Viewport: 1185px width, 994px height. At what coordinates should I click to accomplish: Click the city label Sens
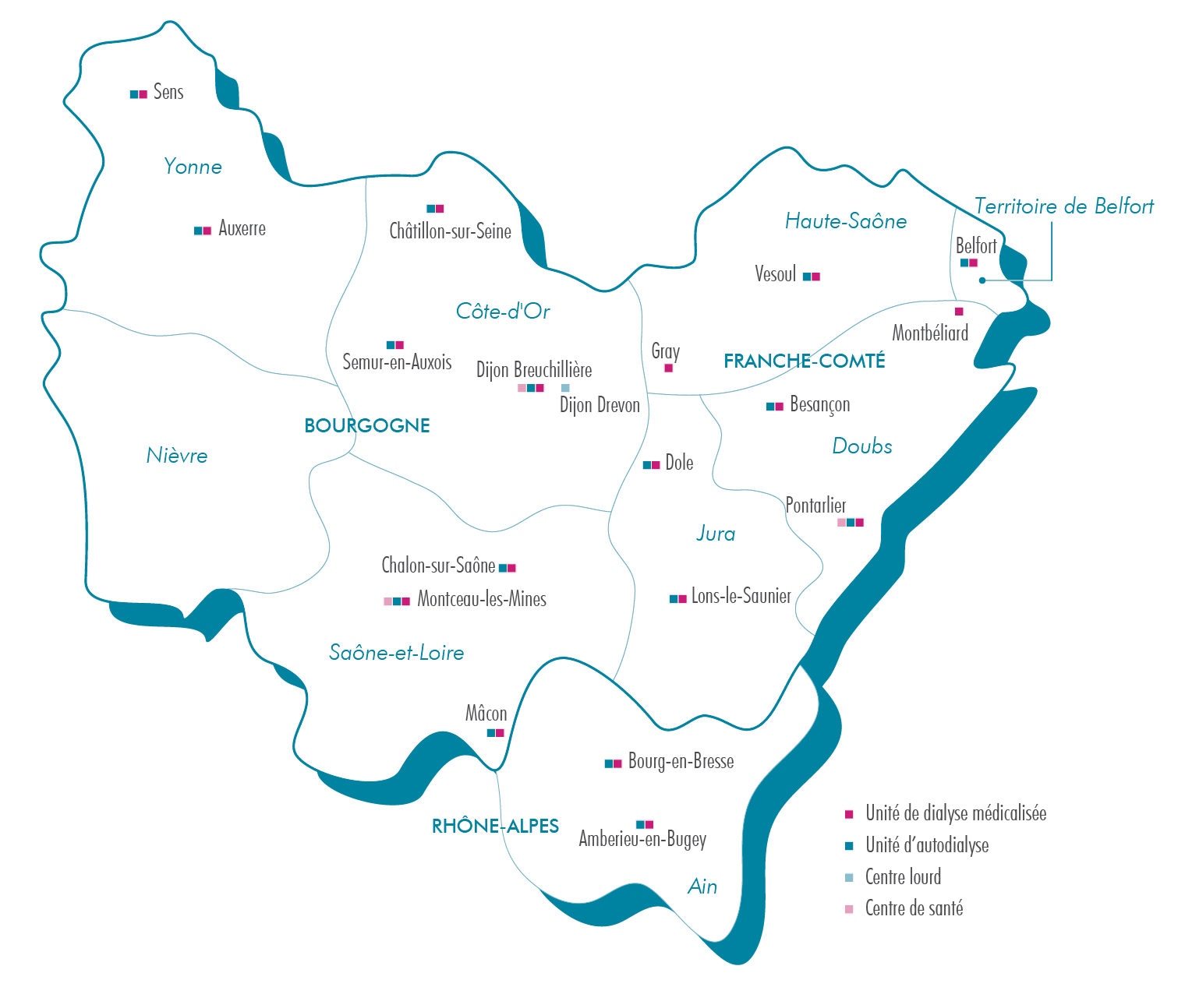(x=168, y=92)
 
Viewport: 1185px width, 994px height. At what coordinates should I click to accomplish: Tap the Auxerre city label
(x=242, y=228)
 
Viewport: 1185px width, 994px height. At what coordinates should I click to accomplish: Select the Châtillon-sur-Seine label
(x=450, y=231)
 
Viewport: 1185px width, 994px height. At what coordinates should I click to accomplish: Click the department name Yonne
(x=193, y=167)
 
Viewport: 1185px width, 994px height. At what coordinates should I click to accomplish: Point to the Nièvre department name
(x=177, y=456)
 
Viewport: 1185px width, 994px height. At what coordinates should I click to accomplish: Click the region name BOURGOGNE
(x=367, y=425)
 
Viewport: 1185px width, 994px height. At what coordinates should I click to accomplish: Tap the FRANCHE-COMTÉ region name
(x=804, y=361)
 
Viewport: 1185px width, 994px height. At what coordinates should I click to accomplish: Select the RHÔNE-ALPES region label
(x=495, y=826)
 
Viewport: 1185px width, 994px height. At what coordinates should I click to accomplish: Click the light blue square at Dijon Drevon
(x=565, y=388)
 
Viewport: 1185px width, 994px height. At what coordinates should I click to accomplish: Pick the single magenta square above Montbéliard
(x=959, y=312)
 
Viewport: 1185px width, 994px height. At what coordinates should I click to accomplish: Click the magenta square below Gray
(x=668, y=368)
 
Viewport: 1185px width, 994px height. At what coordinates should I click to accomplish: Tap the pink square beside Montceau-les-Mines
(x=387, y=601)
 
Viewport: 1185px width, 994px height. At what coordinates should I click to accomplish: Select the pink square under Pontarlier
(x=841, y=523)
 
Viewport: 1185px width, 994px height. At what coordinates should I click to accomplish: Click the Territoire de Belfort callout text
(x=1063, y=206)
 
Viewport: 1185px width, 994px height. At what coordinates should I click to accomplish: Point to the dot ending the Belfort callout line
(x=982, y=280)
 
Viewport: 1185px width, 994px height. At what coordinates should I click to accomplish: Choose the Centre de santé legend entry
(x=914, y=908)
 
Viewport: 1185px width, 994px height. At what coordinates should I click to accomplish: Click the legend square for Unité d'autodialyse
(x=849, y=846)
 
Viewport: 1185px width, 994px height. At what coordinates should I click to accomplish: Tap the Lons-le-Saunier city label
(x=741, y=597)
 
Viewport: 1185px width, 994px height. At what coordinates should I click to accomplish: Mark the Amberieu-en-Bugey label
(x=642, y=839)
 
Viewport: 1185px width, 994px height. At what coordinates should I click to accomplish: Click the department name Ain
(x=702, y=886)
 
